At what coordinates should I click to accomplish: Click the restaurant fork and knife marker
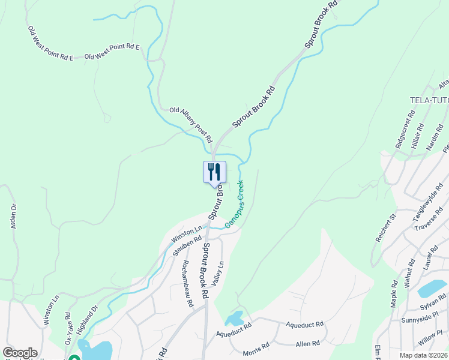pyautogui.click(x=214, y=173)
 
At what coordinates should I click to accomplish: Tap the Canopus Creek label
pyautogui.click(x=234, y=203)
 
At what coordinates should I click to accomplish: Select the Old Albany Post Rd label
pyautogui.click(x=191, y=124)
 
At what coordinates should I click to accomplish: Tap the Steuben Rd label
pyautogui.click(x=187, y=246)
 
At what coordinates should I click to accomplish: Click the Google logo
pyautogui.click(x=19, y=353)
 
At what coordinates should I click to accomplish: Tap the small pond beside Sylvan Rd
pyautogui.click(x=430, y=289)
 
